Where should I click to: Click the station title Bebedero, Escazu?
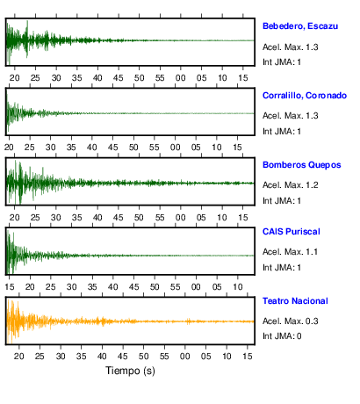coord(300,26)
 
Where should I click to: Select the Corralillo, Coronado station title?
coord(305,96)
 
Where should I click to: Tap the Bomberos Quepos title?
coord(301,165)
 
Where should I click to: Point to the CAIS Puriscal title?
coord(292,232)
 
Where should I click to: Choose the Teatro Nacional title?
coord(295,301)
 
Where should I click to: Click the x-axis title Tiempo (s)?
coord(130,371)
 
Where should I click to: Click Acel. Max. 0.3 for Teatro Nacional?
coord(290,321)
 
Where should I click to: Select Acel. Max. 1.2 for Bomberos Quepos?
coord(290,185)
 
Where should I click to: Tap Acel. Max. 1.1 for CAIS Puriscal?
coord(290,252)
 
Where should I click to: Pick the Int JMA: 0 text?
coord(282,335)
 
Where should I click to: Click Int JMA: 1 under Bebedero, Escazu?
coord(282,62)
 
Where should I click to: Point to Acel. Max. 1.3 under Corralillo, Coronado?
coord(290,116)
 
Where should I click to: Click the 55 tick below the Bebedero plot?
coord(160,78)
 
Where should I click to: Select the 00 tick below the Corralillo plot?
coord(175,147)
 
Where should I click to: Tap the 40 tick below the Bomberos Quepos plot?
coord(97,218)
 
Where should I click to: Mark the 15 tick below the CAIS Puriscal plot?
coord(10,286)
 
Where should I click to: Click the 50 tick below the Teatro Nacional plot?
coord(143,356)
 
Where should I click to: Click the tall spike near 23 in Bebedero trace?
coord(27,39)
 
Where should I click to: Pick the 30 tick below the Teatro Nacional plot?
coord(61,356)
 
